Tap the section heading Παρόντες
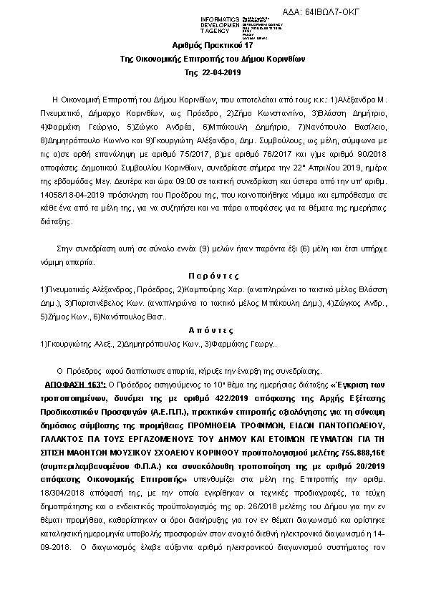213,275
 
